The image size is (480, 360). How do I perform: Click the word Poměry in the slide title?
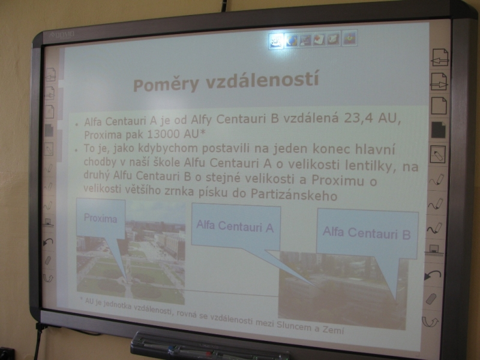click(166, 84)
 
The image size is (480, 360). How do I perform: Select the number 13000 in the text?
click(164, 134)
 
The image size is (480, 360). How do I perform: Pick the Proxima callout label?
click(100, 218)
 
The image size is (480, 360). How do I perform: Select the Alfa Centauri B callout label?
click(366, 233)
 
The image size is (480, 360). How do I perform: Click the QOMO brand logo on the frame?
click(62, 34)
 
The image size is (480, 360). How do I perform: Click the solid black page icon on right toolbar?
click(438, 130)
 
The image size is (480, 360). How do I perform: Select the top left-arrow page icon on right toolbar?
click(440, 57)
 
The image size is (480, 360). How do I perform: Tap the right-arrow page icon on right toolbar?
click(439, 82)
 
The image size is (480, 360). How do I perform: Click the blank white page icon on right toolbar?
click(439, 106)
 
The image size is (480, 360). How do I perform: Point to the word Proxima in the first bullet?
click(99, 134)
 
